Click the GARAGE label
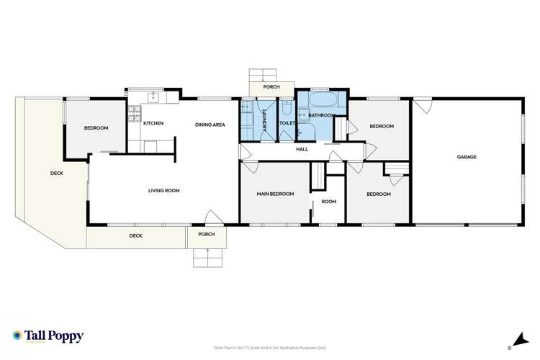pyautogui.click(x=467, y=156)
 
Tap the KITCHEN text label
pyautogui.click(x=153, y=124)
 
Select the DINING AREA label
pyautogui.click(x=210, y=125)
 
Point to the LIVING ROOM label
pyautogui.click(x=163, y=191)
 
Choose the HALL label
pyautogui.click(x=302, y=150)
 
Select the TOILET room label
pyautogui.click(x=287, y=124)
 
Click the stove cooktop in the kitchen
pyautogui.click(x=134, y=112)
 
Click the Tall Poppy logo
pyautogui.click(x=48, y=336)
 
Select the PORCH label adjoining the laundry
pyautogui.click(x=271, y=87)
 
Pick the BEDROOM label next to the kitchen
pyautogui.click(x=96, y=128)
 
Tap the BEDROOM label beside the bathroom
pyautogui.click(x=382, y=127)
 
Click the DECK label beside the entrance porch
pyautogui.click(x=135, y=235)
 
